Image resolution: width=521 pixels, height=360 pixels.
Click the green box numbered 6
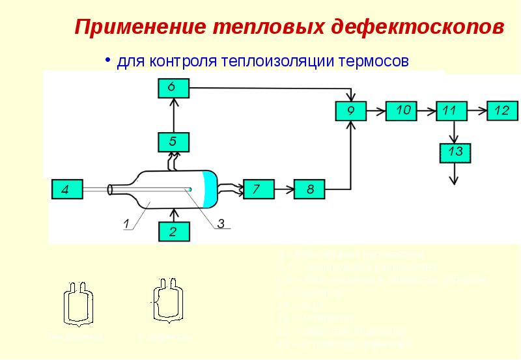click(173, 87)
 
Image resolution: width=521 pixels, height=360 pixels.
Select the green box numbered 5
click(173, 141)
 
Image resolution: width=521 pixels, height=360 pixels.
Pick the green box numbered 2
click(173, 231)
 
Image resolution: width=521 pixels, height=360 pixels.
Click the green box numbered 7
click(257, 189)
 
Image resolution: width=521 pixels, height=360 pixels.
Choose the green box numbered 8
click(310, 189)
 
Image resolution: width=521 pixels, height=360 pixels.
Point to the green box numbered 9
click(350, 111)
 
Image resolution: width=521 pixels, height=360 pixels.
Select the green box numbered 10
click(402, 111)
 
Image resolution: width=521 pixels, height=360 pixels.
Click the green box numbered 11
click(449, 111)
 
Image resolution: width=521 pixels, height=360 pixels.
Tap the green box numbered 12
click(501, 111)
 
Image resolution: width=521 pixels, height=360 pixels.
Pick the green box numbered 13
click(455, 152)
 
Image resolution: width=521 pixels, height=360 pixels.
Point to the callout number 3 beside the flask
click(221, 223)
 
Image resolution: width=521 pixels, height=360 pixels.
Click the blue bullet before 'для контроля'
click(109, 60)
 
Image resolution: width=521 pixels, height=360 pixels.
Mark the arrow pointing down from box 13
click(455, 174)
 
